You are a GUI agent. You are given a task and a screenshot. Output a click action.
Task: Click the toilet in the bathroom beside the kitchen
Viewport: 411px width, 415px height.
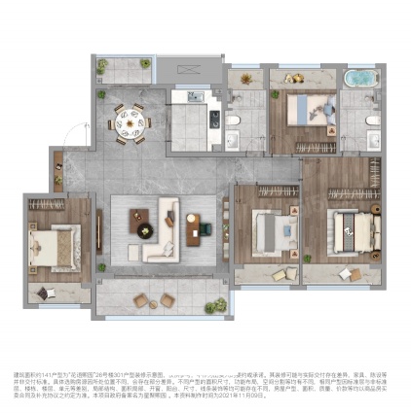pyautogui.click(x=237, y=117)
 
